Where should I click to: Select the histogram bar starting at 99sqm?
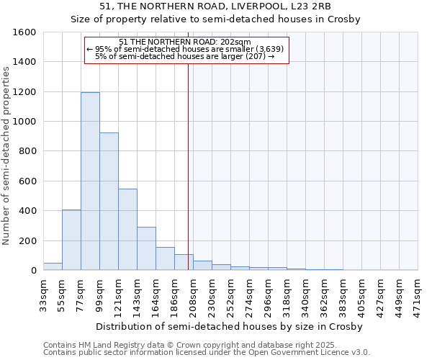[109, 202]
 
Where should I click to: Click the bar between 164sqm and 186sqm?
[165, 259]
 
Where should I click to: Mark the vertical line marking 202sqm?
[188, 166]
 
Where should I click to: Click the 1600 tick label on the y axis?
[24, 32]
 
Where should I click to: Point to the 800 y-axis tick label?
[27, 151]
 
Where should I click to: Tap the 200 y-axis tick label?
[27, 240]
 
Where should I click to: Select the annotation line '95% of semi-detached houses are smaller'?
[185, 49]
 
